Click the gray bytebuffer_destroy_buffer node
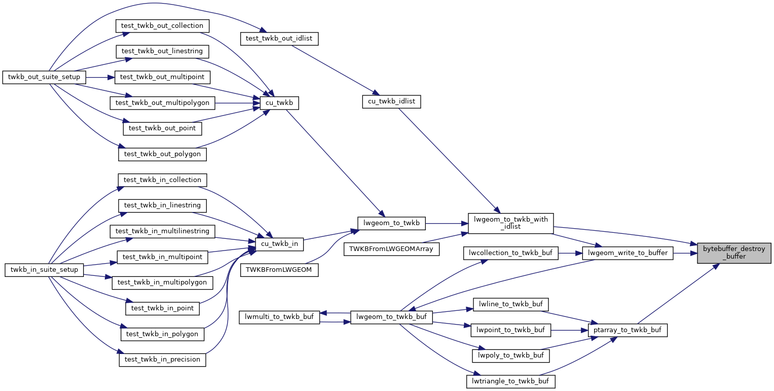pyautogui.click(x=734, y=253)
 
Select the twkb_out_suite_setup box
pyautogui.click(x=45, y=77)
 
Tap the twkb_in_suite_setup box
pyautogui.click(x=45, y=270)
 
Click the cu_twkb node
pyautogui.click(x=278, y=103)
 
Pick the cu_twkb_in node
pyautogui.click(x=279, y=244)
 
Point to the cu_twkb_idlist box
pyautogui.click(x=391, y=101)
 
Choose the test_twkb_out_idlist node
pyautogui.click(x=279, y=39)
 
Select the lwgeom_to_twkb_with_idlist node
pyautogui.click(x=510, y=223)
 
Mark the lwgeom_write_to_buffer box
pyautogui.click(x=628, y=253)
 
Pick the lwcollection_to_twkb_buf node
pyautogui.click(x=510, y=253)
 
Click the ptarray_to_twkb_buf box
pyautogui.click(x=628, y=330)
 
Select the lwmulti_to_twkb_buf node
pyautogui.click(x=279, y=317)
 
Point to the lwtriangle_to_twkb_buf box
pyautogui.click(x=510, y=381)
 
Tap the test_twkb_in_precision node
pyautogui.click(x=162, y=359)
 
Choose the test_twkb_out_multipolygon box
pyautogui.click(x=163, y=102)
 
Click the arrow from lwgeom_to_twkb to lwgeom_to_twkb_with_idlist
pyautogui.click(x=446, y=222)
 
